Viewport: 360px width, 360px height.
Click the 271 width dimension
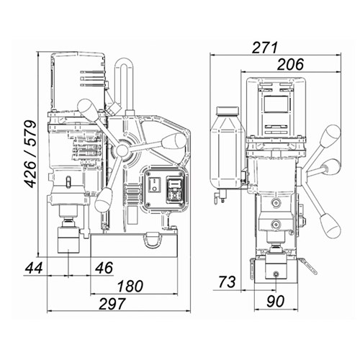click(x=265, y=48)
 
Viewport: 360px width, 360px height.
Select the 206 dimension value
click(x=290, y=64)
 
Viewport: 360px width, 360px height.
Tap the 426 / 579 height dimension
click(x=31, y=154)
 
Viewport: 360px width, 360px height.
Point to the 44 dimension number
click(x=34, y=268)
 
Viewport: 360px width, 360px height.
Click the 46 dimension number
click(x=104, y=268)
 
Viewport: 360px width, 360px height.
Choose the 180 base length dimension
click(x=130, y=286)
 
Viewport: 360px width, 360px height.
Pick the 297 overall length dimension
click(x=112, y=304)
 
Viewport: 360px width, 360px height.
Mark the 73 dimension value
click(x=227, y=282)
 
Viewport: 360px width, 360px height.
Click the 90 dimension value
click(x=276, y=301)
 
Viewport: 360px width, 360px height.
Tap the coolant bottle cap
click(x=228, y=111)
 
